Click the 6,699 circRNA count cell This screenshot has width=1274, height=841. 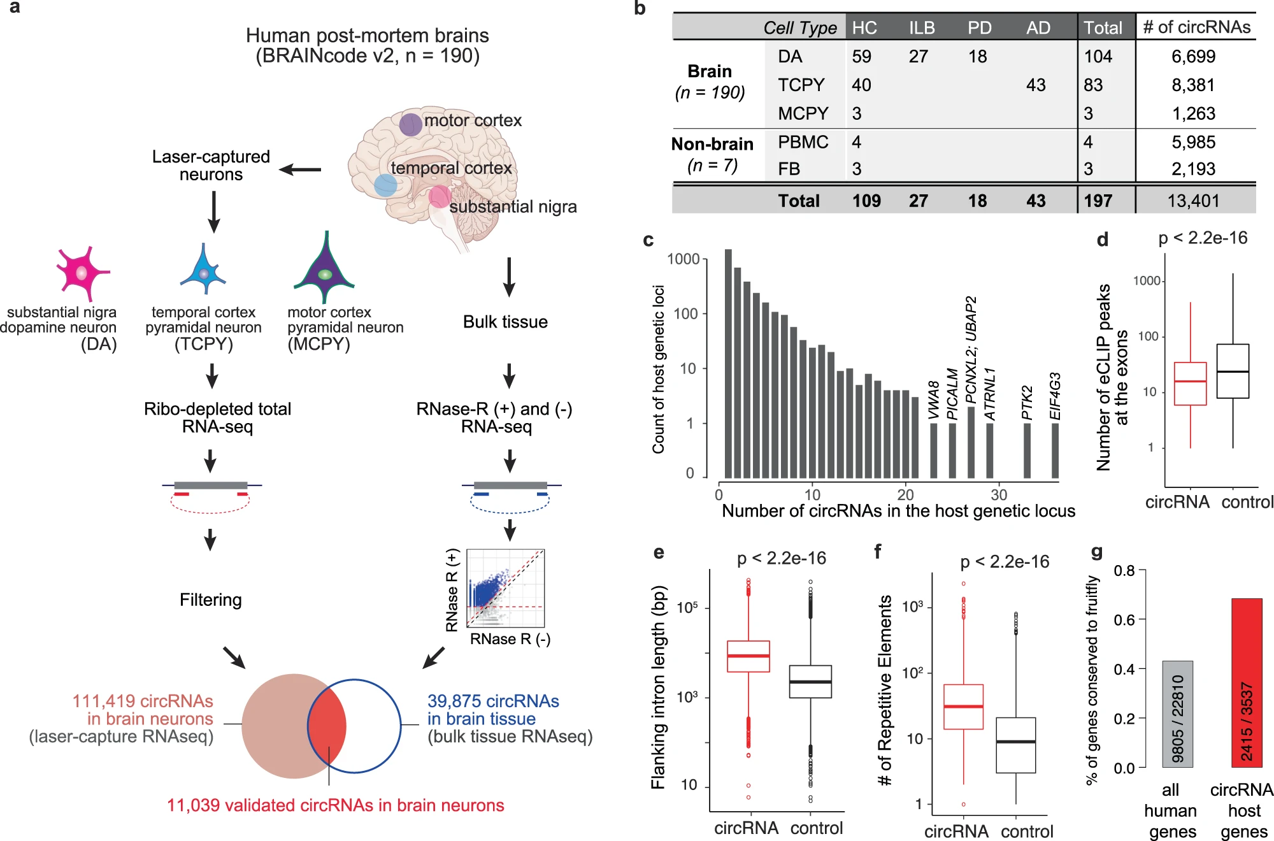click(x=1193, y=57)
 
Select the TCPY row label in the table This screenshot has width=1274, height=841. click(x=801, y=85)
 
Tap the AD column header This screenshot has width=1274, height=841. click(x=1038, y=28)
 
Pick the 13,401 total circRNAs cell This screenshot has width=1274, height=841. click(x=1193, y=201)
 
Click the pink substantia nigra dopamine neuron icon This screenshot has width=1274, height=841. click(x=82, y=273)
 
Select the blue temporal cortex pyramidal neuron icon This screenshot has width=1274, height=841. click(x=203, y=271)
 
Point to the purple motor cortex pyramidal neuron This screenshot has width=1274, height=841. click(x=325, y=271)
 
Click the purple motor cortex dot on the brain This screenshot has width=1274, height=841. click(x=411, y=124)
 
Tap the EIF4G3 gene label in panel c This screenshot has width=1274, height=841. click(x=1056, y=396)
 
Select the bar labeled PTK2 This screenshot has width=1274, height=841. click(x=1027, y=450)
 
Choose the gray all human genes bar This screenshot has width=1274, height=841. click(x=1177, y=714)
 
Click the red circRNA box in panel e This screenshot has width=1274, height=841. click(x=748, y=656)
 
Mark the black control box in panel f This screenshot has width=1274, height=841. click(x=1016, y=745)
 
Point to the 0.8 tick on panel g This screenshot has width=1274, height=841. click(x=1125, y=570)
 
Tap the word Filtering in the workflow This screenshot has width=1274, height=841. click(x=211, y=600)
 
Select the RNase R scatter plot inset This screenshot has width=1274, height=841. click(x=506, y=588)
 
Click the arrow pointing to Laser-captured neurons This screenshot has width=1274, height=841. click(x=300, y=169)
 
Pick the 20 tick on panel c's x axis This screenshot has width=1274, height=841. click(x=906, y=494)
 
